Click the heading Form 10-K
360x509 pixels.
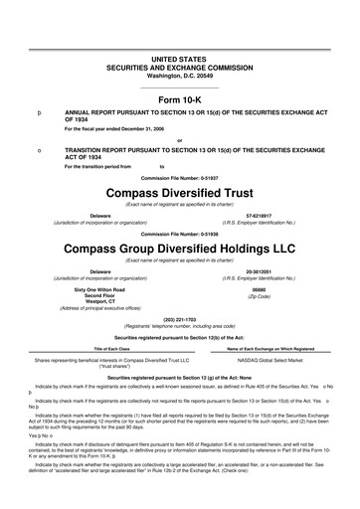[180, 101]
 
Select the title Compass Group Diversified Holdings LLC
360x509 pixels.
[180, 247]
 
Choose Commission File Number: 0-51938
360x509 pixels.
[180, 233]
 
